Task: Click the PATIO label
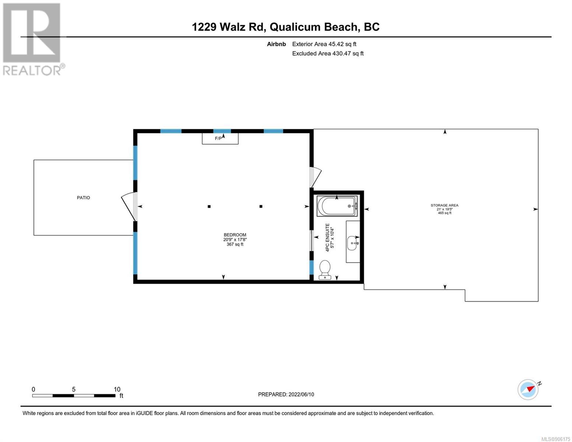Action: pos(83,198)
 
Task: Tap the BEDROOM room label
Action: pos(235,235)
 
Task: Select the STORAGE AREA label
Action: pos(444,205)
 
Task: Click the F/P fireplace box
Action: pos(220,138)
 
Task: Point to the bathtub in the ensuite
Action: pos(337,206)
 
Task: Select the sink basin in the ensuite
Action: pos(353,243)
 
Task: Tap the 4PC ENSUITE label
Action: pos(327,238)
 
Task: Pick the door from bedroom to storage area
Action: pos(315,177)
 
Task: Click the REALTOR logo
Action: pos(33,39)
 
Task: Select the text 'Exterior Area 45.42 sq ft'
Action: pos(324,44)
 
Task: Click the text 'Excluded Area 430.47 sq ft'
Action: pos(328,53)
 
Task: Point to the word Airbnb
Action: pos(276,44)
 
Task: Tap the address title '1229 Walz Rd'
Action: pos(228,27)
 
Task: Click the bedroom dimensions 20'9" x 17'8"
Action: pos(235,239)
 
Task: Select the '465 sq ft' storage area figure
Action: pos(445,213)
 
